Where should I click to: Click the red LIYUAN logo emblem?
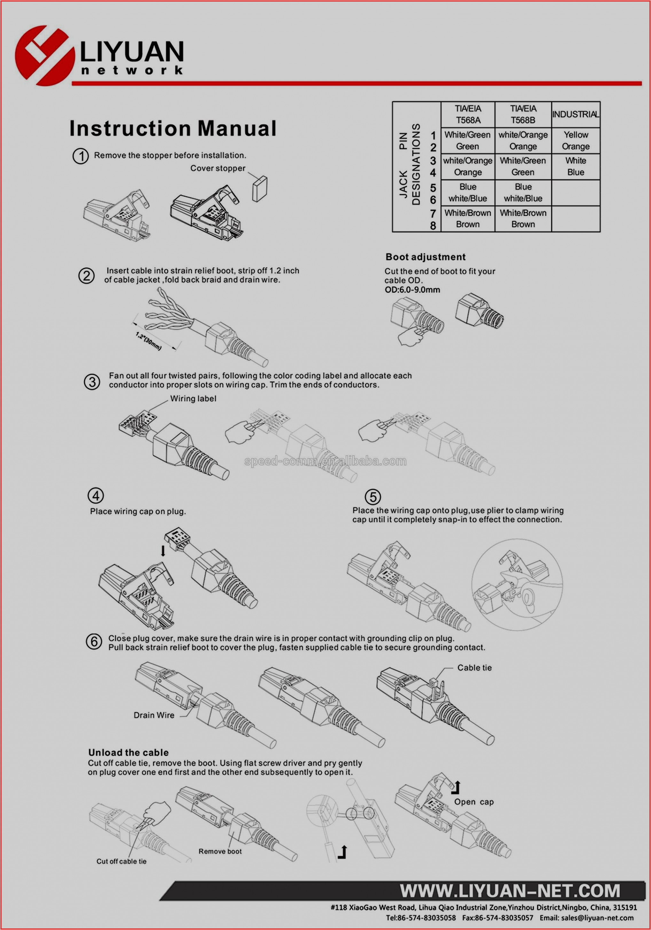click(x=44, y=56)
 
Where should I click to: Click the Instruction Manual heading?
click(x=173, y=128)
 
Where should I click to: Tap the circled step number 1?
click(x=81, y=156)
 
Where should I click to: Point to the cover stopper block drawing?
click(x=259, y=189)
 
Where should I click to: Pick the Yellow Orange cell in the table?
click(x=576, y=141)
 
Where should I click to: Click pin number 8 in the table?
click(x=433, y=226)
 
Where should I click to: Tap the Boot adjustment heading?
click(x=425, y=257)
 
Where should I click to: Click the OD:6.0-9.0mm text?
click(x=412, y=290)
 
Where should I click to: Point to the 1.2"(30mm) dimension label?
click(x=148, y=341)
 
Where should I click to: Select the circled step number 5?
click(x=373, y=497)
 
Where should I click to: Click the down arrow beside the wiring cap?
click(x=163, y=551)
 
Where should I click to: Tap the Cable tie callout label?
click(x=474, y=668)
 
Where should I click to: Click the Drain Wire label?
click(x=154, y=715)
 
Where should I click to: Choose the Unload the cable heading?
click(x=129, y=753)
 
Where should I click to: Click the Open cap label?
click(x=474, y=802)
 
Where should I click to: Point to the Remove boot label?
click(x=220, y=851)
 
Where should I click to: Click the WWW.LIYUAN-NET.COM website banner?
click(x=510, y=891)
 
